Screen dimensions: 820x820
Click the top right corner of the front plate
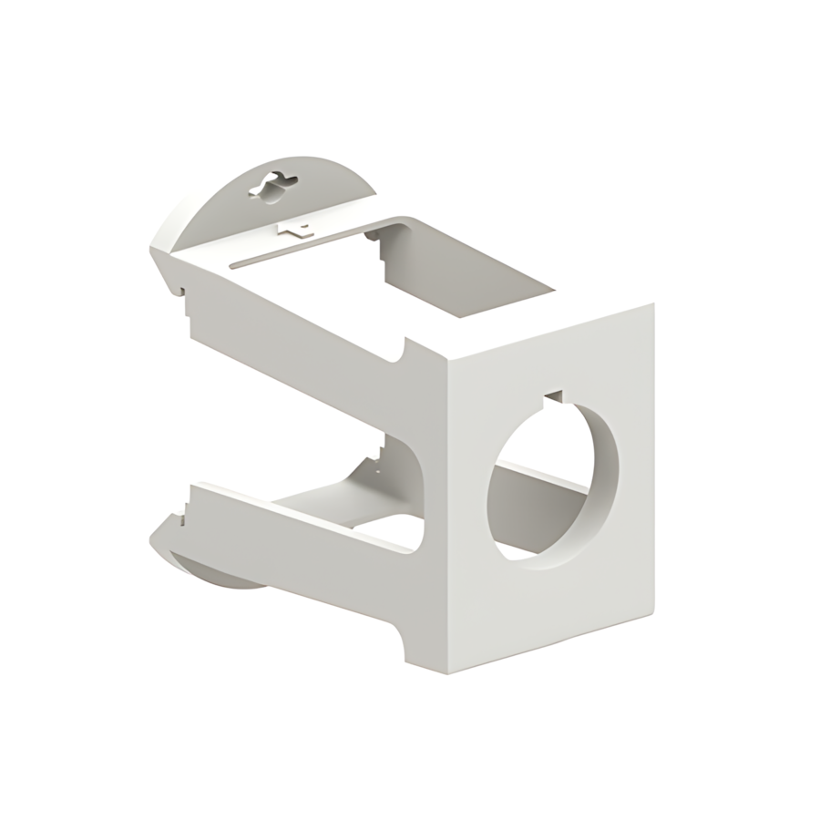(x=652, y=305)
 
